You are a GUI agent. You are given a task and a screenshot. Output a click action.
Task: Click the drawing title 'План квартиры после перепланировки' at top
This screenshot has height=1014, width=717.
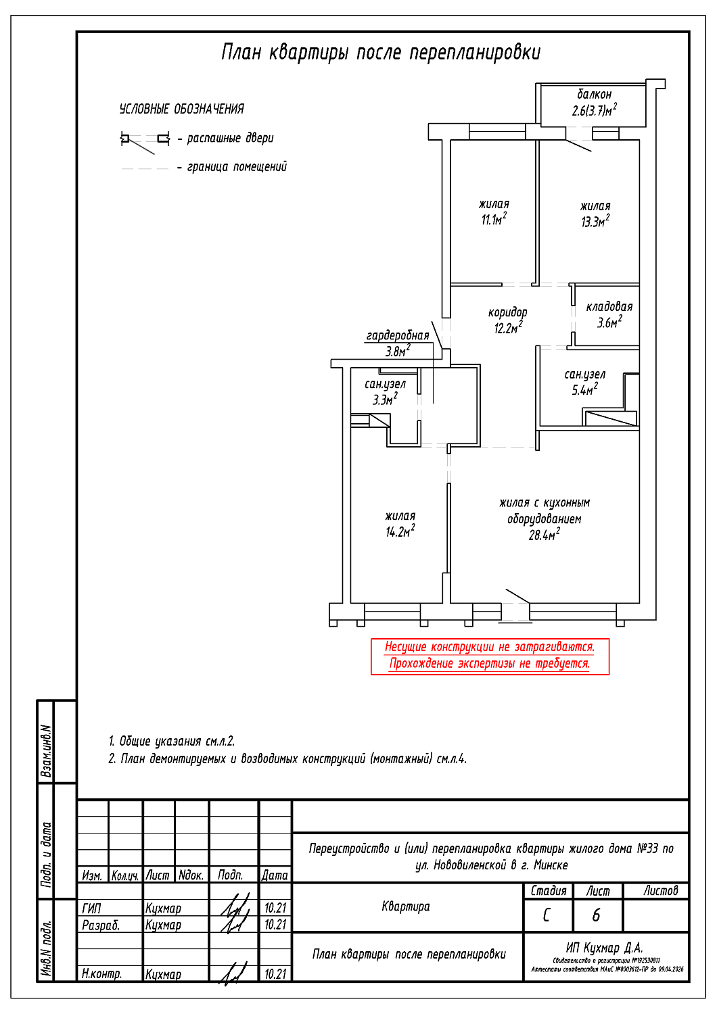click(x=381, y=53)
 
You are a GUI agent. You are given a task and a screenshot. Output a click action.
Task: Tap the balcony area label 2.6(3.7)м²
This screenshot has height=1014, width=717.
click(x=594, y=110)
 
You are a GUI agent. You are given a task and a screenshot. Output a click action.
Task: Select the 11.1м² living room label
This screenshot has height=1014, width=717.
click(x=494, y=212)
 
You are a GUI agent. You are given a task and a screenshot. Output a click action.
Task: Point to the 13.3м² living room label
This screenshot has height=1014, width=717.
click(x=595, y=214)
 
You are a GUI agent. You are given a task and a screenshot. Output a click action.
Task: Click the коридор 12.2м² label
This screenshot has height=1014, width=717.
click(x=507, y=320)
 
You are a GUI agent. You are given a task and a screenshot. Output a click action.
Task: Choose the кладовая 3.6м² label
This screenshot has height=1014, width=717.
click(x=609, y=315)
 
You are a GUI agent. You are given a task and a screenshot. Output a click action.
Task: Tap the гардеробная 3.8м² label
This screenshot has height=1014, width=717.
click(x=398, y=343)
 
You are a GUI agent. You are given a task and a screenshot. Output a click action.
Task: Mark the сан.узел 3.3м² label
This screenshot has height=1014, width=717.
click(x=385, y=392)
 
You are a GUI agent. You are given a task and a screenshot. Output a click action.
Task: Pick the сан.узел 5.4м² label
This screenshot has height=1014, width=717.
click(x=585, y=382)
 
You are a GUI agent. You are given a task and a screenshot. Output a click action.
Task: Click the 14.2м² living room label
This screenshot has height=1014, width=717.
click(x=400, y=525)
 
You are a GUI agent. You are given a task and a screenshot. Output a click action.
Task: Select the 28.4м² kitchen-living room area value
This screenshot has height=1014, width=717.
click(x=544, y=535)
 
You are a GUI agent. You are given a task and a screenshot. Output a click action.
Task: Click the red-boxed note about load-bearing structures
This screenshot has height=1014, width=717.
click(x=490, y=656)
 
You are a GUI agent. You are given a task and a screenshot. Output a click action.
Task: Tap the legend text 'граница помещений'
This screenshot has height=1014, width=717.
click(x=237, y=167)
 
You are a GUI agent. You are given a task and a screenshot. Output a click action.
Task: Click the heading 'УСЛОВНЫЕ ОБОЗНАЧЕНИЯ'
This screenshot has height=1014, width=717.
click(x=181, y=109)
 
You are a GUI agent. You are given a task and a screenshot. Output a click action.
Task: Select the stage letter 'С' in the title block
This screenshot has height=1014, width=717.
click(x=547, y=915)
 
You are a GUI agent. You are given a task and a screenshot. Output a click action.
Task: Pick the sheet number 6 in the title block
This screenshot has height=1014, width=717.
click(x=596, y=915)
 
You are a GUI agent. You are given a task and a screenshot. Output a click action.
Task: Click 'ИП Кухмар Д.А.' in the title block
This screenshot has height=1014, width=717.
click(x=604, y=948)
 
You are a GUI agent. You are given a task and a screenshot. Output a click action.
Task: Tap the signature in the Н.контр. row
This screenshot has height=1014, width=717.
click(x=233, y=973)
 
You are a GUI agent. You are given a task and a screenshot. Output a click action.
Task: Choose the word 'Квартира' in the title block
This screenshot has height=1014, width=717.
click(x=406, y=907)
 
